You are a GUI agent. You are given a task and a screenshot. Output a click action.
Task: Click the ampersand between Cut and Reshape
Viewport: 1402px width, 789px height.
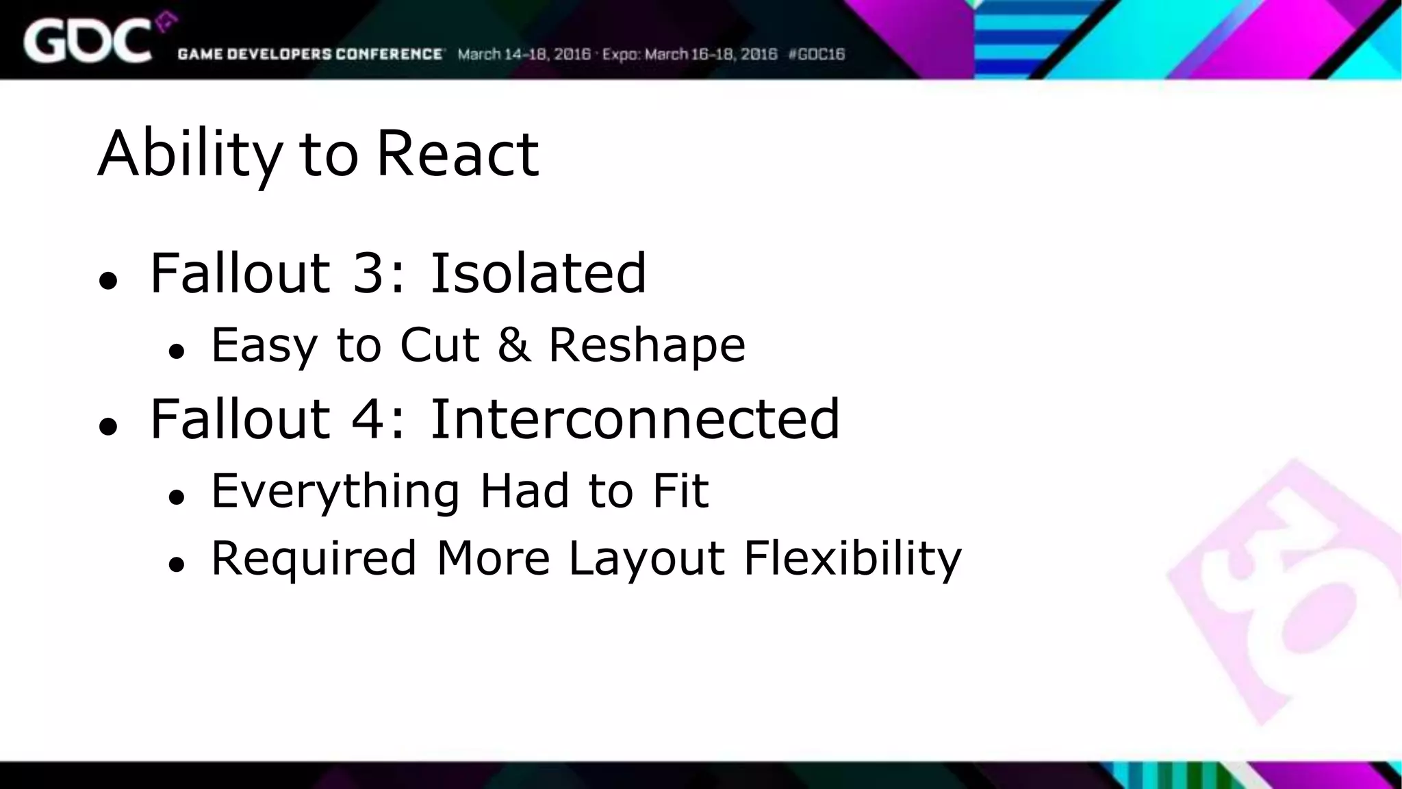[x=513, y=344]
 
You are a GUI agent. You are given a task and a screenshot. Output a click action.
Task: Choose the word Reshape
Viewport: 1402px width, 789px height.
[x=647, y=345]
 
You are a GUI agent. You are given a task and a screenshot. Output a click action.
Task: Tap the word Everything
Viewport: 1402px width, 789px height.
[x=335, y=491]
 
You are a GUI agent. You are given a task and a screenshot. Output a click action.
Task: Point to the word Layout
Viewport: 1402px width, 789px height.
[x=646, y=559]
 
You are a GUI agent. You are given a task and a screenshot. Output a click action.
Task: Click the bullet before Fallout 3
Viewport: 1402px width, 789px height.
[x=108, y=280]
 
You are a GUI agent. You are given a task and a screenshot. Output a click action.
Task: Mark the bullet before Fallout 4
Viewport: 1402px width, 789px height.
[x=108, y=426]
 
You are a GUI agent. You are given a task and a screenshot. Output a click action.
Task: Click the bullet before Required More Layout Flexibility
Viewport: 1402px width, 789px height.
[x=177, y=565]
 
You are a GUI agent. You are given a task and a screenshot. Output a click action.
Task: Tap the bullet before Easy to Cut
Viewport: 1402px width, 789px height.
[x=177, y=351]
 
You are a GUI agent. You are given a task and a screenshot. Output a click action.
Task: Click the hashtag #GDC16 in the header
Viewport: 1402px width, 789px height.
[x=817, y=54]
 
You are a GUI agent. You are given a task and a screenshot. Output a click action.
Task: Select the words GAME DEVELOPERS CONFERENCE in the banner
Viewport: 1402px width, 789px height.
[x=310, y=54]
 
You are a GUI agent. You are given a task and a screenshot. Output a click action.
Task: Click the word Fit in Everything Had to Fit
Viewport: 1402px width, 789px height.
[x=680, y=490]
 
